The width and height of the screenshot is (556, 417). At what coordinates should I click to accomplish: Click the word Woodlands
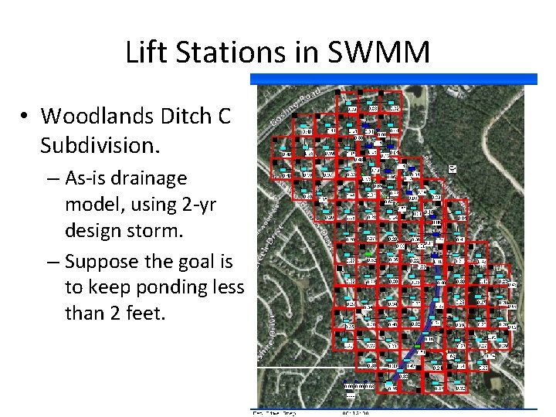coord(97,116)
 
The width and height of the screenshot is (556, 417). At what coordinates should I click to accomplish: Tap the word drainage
coord(153,178)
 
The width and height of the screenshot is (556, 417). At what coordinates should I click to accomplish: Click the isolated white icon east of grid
coord(452,168)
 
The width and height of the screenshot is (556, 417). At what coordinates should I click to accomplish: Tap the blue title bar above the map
coord(394,79)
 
